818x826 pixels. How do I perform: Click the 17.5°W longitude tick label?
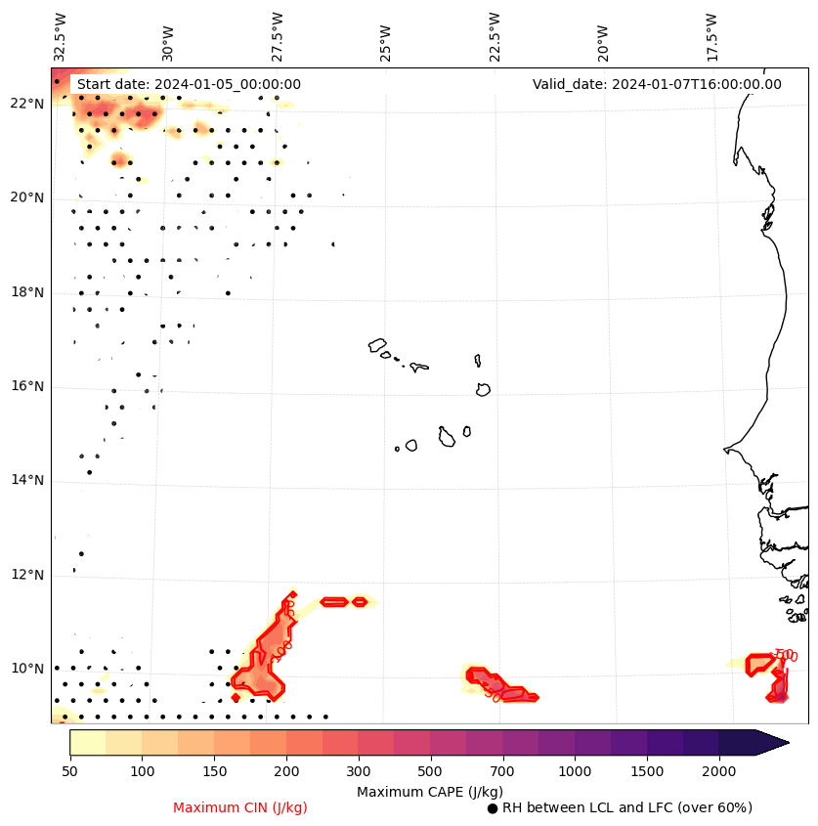(710, 36)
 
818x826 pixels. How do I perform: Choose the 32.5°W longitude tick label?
(61, 36)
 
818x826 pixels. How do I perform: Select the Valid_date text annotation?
(657, 84)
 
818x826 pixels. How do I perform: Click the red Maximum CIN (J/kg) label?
(240, 807)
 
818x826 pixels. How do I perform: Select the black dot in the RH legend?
(493, 808)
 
